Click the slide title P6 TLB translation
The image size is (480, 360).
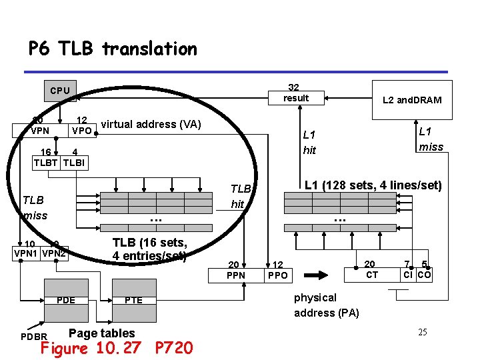coord(113,49)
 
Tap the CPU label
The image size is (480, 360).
coord(60,90)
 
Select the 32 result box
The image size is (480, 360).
coord(295,93)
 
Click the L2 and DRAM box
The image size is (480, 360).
coord(411,100)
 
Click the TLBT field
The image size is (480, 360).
coord(47,162)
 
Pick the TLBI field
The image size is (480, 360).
coord(74,162)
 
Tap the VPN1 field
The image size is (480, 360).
coord(27,253)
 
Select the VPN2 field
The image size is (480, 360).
coord(53,253)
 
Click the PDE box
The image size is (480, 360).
coord(66,300)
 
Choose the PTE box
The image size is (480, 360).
coord(133,300)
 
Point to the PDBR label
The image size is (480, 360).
coord(33,336)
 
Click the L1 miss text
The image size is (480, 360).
coord(431,139)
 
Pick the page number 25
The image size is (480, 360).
coord(422,332)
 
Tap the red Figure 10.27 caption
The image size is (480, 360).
coord(117,348)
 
